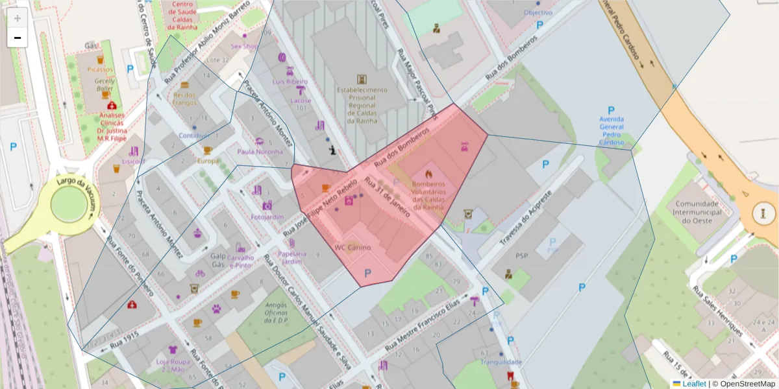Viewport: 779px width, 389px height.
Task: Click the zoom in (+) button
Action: tap(18, 18)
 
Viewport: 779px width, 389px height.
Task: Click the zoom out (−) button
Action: tap(18, 38)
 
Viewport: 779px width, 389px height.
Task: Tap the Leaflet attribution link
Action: tap(693, 384)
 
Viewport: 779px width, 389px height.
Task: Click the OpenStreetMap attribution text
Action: tap(748, 384)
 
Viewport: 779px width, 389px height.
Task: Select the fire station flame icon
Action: tap(428, 174)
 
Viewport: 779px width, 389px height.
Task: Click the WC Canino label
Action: tap(352, 248)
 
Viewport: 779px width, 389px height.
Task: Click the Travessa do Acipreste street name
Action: tap(528, 218)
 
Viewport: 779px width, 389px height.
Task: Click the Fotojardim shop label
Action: tap(267, 217)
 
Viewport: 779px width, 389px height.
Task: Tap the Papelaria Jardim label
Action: tap(292, 257)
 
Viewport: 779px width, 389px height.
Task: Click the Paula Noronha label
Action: tap(260, 152)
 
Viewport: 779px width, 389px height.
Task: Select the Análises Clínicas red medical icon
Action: tap(112, 105)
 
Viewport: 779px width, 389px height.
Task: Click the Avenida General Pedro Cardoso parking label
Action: tap(611, 130)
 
